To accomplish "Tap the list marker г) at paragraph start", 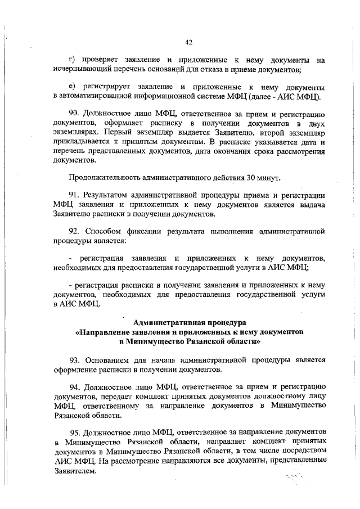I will pos(71,60).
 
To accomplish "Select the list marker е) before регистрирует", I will pos(71,88).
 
